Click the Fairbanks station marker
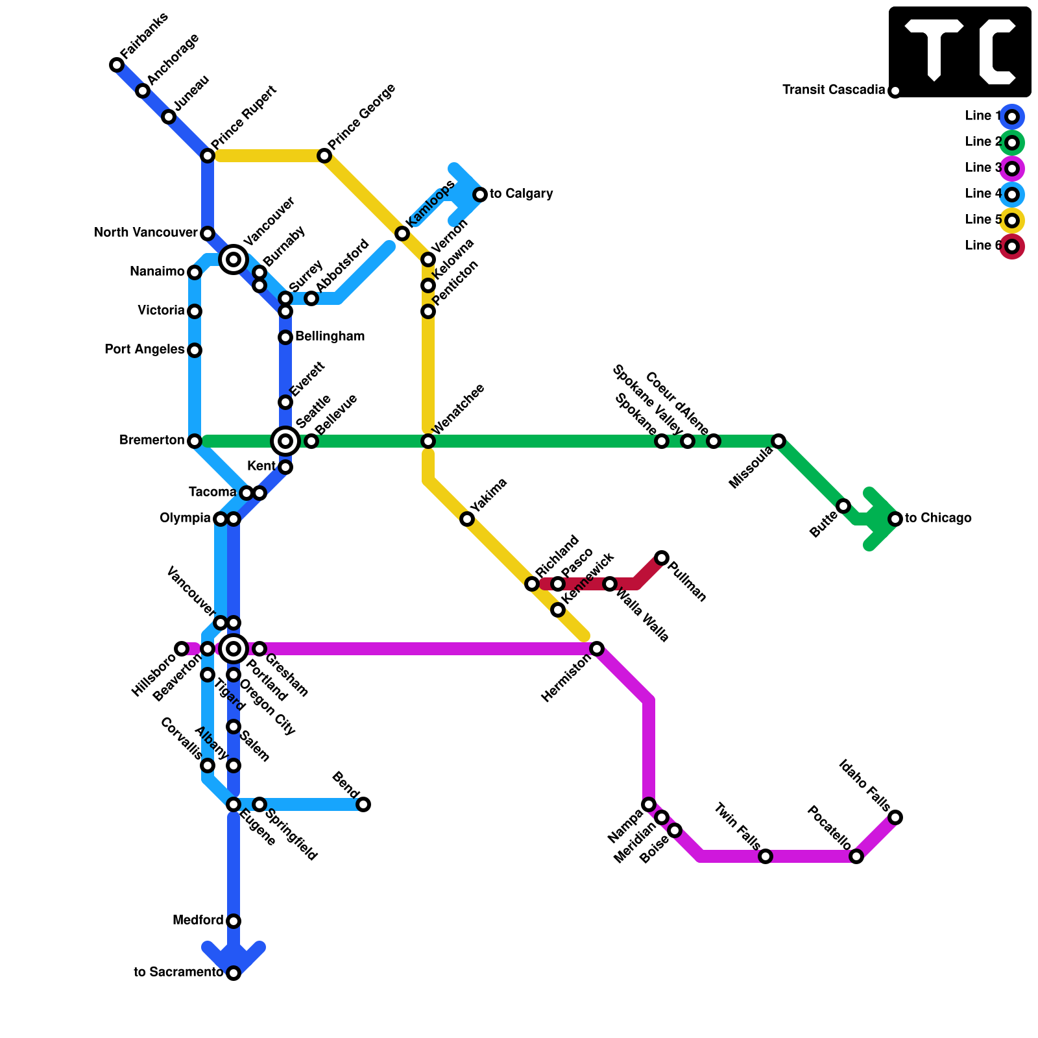(117, 65)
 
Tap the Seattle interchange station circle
(285, 441)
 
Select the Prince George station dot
(324, 156)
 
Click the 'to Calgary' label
(521, 194)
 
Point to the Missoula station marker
(779, 441)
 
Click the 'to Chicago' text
(938, 518)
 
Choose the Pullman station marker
(662, 558)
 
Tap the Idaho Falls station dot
(895, 817)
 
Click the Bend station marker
(363, 804)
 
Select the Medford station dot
(234, 921)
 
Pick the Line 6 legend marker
(1012, 247)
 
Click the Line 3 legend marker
(1012, 169)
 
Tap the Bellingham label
(330, 337)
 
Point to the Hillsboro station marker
(182, 649)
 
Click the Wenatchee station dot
(428, 441)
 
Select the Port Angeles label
(144, 350)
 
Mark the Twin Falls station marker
(766, 856)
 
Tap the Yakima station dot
(467, 519)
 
